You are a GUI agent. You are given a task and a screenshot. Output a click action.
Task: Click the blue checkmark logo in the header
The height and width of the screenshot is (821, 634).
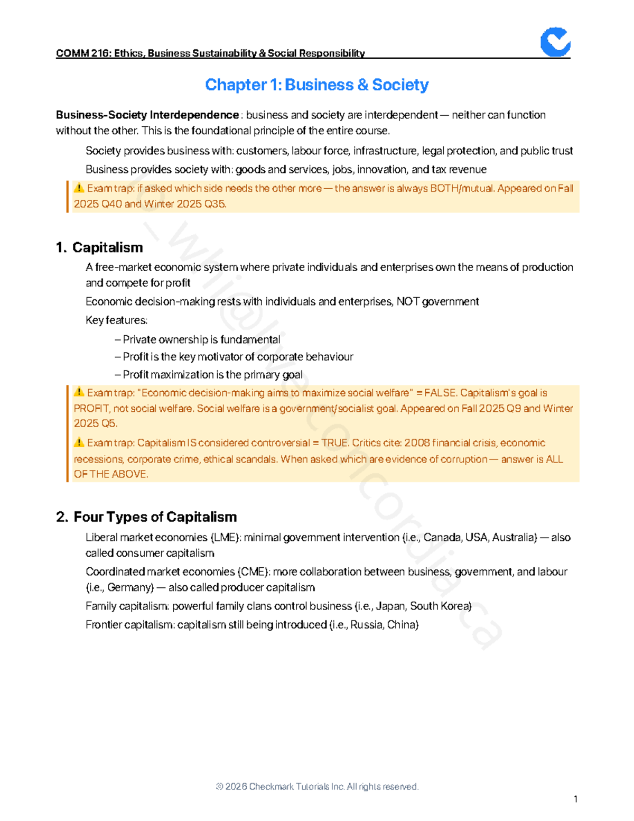click(x=555, y=42)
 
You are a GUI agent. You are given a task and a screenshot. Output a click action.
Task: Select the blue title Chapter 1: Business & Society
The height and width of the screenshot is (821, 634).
click(x=316, y=85)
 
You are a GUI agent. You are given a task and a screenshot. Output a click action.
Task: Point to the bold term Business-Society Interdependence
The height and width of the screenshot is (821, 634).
click(x=147, y=115)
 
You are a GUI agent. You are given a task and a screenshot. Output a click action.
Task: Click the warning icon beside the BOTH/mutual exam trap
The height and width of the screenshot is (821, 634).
click(x=79, y=188)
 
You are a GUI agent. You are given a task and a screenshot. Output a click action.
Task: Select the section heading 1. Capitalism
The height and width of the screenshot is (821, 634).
click(x=99, y=247)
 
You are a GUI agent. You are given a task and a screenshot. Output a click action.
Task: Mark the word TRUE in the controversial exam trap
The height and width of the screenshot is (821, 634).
click(x=334, y=442)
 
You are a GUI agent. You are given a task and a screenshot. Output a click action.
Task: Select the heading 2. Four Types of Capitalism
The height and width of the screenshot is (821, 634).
click(x=146, y=516)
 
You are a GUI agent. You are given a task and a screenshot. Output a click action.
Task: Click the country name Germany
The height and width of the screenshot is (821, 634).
click(x=129, y=587)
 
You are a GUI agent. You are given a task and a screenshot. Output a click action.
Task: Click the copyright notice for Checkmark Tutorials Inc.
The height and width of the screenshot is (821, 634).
click(x=317, y=786)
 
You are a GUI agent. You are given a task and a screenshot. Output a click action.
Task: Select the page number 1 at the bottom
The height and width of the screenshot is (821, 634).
click(x=575, y=799)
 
